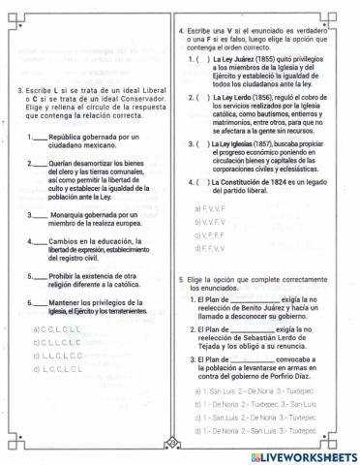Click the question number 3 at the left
pos(20,91)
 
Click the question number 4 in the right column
pos(183,31)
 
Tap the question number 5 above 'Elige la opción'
pos(183,279)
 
